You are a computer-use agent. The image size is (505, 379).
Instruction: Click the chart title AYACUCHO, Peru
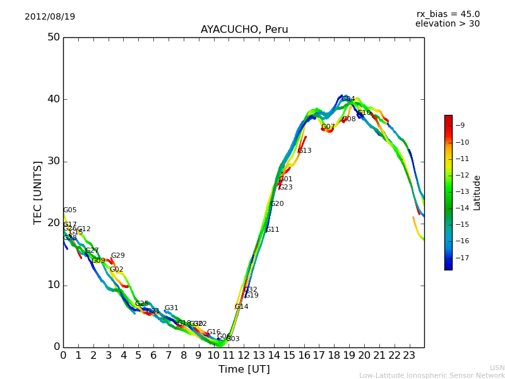point(244,30)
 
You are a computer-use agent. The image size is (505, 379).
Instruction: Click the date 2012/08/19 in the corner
point(50,16)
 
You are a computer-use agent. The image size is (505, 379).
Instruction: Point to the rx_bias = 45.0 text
point(448,14)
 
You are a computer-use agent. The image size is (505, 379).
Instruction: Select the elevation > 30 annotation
point(448,24)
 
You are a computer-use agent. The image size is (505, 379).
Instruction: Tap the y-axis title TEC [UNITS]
point(38,192)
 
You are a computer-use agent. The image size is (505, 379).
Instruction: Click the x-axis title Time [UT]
point(244,370)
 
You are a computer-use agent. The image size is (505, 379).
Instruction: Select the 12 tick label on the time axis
point(244,356)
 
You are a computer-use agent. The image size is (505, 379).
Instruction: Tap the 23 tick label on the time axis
point(409,356)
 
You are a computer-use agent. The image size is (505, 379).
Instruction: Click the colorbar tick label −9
point(463,126)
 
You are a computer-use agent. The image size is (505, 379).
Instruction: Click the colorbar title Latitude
point(477,192)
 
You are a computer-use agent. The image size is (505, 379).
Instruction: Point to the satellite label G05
point(69,210)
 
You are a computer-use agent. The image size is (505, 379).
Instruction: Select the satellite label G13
point(304,151)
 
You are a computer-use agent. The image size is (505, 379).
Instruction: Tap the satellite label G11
point(272,230)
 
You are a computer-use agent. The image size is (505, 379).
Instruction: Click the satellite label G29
point(117,256)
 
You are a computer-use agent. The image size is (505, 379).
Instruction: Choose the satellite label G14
point(241,307)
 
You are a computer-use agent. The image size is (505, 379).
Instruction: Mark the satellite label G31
point(171,308)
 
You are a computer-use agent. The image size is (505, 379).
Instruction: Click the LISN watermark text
point(497,368)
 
